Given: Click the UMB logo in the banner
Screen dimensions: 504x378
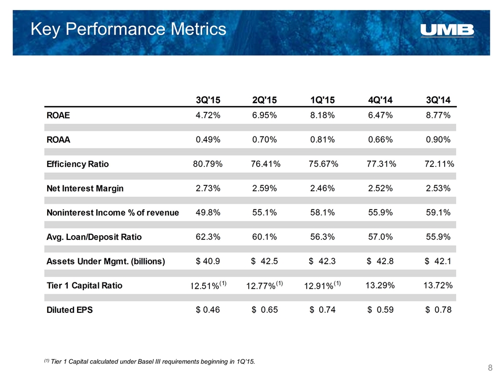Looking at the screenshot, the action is (447, 30).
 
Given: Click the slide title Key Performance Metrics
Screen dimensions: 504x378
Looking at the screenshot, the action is (129, 29).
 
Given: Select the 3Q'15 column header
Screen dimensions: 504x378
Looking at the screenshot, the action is (208, 100).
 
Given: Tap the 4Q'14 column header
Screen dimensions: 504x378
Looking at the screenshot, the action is (380, 100).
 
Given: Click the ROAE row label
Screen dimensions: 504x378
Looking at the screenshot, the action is (58, 115).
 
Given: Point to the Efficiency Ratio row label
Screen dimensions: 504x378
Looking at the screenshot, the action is (78, 164).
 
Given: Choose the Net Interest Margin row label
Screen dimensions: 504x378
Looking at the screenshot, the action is (85, 188).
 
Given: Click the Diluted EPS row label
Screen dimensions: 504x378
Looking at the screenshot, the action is (70, 310).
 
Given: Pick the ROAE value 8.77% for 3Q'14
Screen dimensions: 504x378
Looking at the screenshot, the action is (438, 115).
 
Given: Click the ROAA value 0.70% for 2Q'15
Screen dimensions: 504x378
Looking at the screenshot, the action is (265, 140).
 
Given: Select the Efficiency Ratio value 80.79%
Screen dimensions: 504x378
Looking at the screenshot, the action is (208, 164).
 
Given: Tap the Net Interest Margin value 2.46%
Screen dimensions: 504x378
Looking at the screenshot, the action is (322, 188).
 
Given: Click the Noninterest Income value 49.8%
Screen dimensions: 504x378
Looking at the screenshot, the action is (208, 213).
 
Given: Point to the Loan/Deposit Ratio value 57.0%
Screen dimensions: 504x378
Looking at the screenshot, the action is (380, 237).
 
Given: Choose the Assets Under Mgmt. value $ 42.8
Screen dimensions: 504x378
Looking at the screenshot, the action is (380, 261).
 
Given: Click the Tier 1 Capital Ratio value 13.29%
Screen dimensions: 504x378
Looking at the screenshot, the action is (380, 286).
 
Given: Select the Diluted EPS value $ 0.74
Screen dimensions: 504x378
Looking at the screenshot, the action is (322, 310).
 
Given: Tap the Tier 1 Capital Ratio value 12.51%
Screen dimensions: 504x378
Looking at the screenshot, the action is (205, 286).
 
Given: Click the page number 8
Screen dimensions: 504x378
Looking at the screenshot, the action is (490, 367).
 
